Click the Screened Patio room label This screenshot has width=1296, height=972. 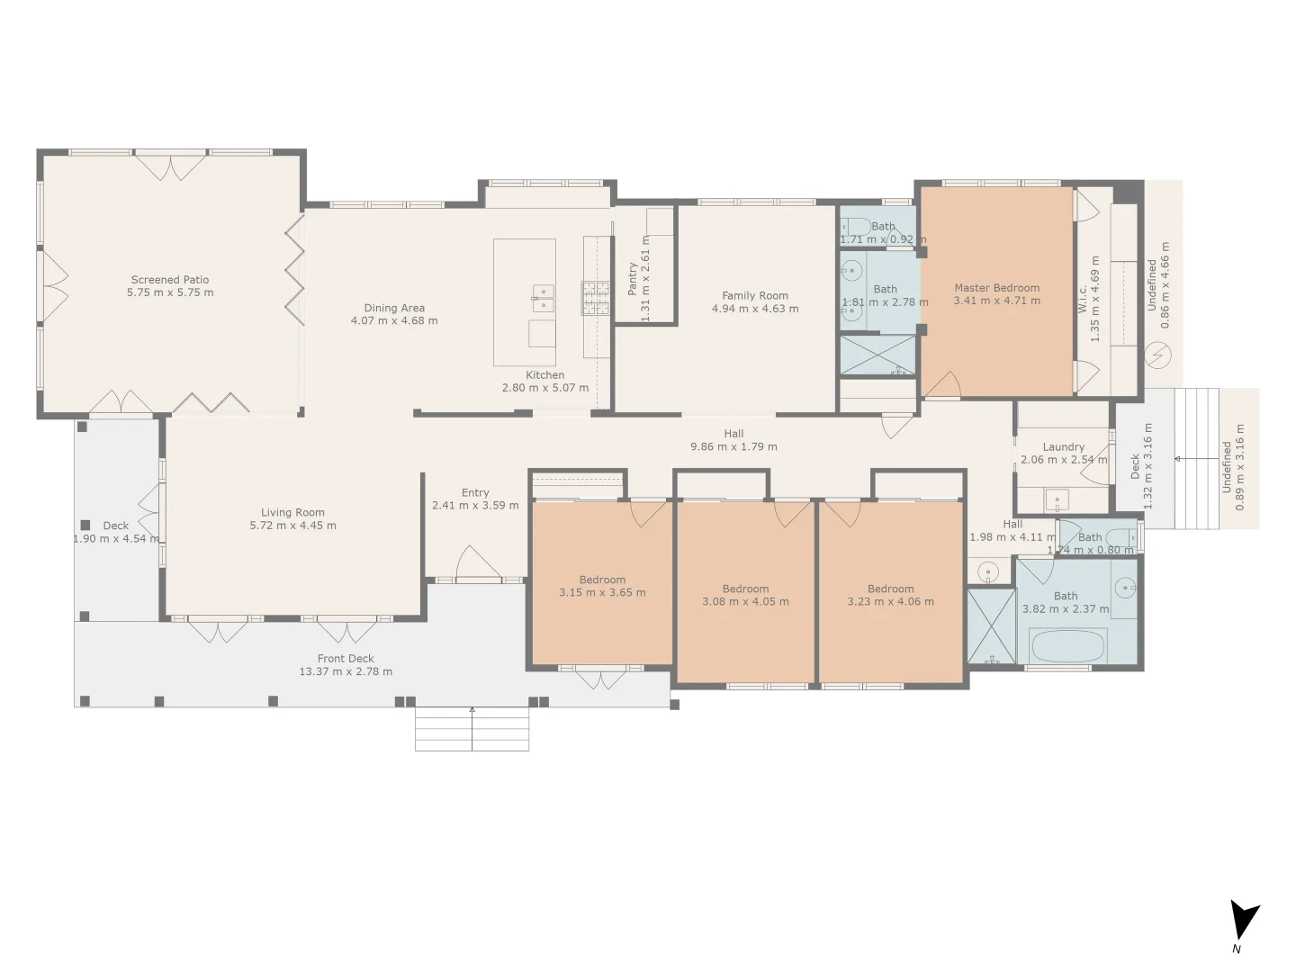(x=170, y=280)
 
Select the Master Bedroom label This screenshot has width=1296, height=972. (x=996, y=288)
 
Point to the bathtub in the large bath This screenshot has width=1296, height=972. (x=1067, y=646)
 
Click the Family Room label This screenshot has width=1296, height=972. (x=755, y=295)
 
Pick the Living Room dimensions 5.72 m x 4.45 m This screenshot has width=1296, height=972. (x=292, y=526)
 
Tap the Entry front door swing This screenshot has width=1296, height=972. (x=477, y=564)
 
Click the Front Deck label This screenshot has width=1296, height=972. (x=346, y=659)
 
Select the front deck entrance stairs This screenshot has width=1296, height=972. (x=472, y=729)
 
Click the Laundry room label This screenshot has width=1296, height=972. (x=1064, y=446)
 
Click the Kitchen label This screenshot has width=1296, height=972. (x=545, y=375)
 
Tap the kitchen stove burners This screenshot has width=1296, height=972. (x=596, y=299)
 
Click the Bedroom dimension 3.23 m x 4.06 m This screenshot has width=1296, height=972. (x=890, y=602)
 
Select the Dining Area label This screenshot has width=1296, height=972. (x=394, y=308)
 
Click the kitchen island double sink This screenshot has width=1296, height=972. (x=543, y=298)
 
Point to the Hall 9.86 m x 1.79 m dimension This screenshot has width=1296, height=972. (x=733, y=446)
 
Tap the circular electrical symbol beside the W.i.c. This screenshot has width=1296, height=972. (x=1157, y=356)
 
